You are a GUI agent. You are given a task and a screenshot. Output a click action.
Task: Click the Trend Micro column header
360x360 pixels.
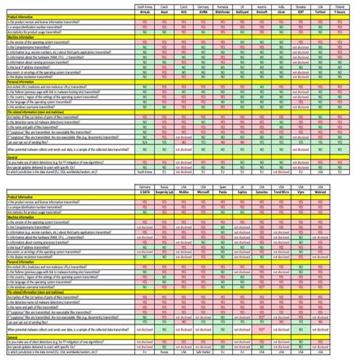[x=281, y=191]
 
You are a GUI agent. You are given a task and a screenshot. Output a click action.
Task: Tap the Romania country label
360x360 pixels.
[x=222, y=7]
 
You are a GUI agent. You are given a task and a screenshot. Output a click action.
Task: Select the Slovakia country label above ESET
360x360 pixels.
[x=300, y=7]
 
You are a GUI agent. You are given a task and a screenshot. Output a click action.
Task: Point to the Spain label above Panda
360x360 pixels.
[x=222, y=186]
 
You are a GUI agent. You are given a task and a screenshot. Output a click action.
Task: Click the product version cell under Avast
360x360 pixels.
[x=164, y=21]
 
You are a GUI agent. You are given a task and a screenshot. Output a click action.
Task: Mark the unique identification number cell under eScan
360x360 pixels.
[x=281, y=27]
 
